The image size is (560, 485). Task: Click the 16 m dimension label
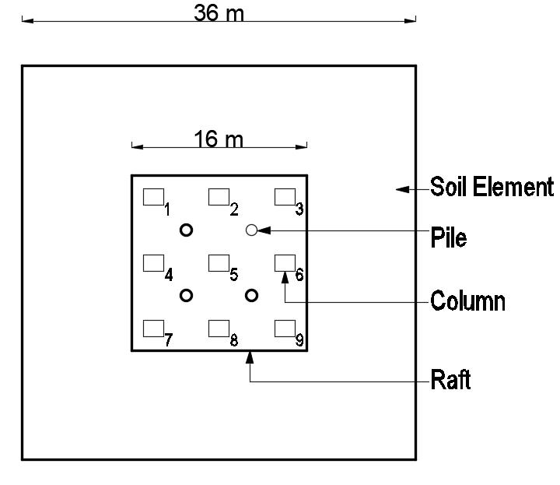pos(219,139)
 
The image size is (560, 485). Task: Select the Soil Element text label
pos(492,188)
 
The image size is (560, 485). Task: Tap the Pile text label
pos(449,237)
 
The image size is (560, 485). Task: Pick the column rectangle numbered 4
pos(152,263)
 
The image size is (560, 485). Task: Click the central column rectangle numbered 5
pos(218,263)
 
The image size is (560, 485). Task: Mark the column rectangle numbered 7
pos(152,328)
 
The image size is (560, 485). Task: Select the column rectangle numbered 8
pos(218,328)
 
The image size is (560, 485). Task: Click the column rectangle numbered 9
pos(285,328)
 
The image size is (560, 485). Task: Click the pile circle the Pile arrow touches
pos(251,230)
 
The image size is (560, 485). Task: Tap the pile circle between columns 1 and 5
pos(186,230)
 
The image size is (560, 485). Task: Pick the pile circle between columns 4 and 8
pos(186,295)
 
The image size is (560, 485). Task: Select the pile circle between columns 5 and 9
pos(251,295)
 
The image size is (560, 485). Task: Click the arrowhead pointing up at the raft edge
pos(250,357)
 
